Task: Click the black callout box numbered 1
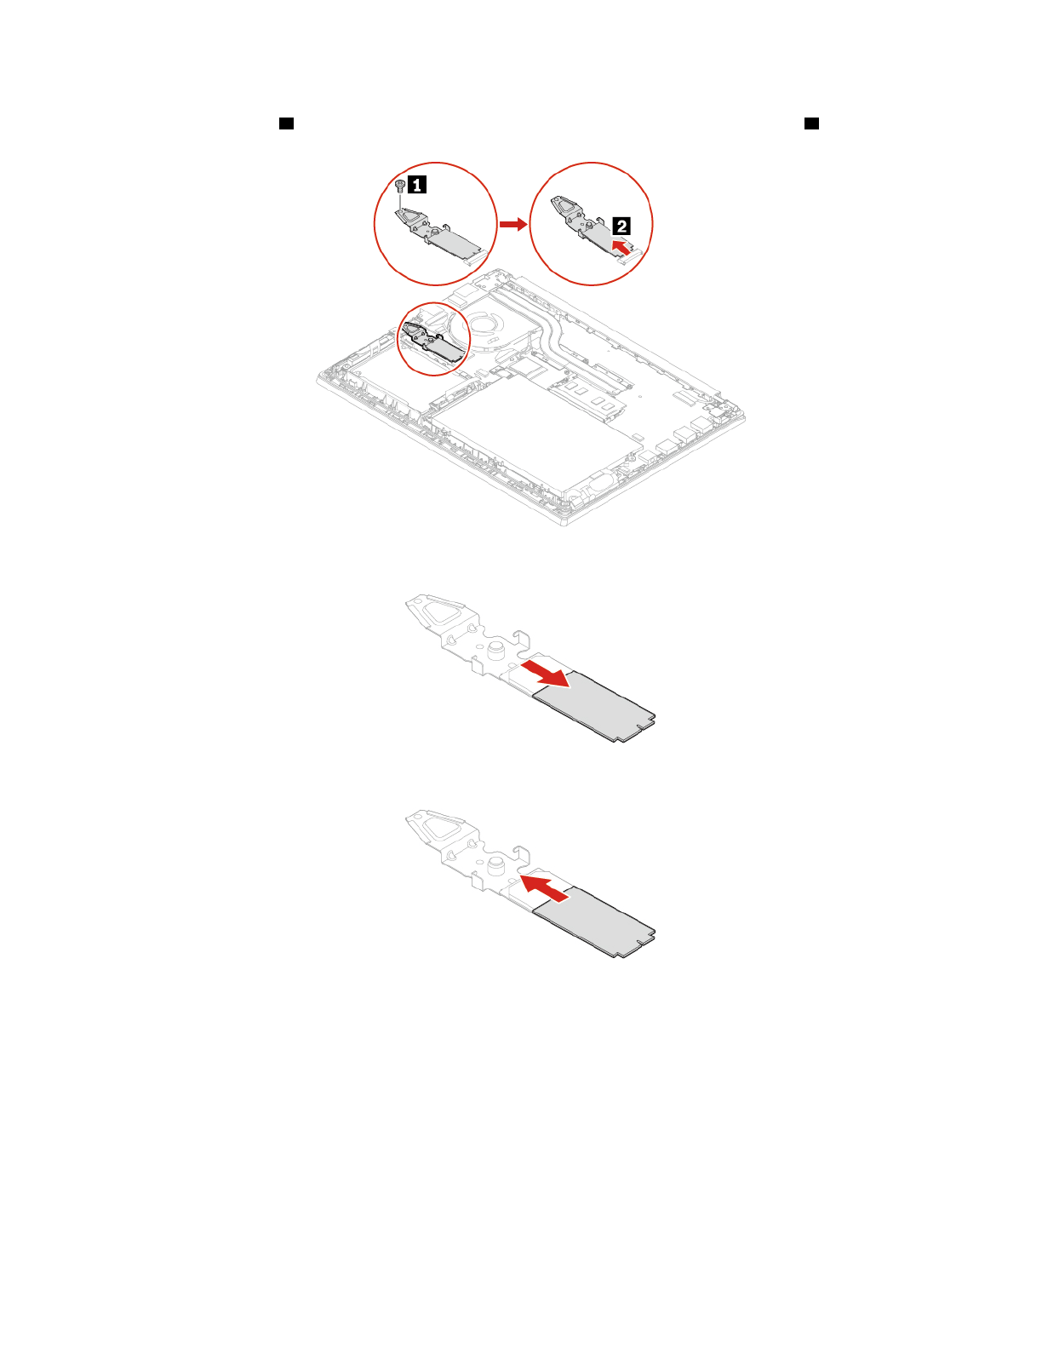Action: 416,184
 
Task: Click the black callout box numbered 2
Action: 621,226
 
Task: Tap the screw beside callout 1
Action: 400,185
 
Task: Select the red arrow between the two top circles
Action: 513,224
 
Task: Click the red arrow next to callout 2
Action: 621,247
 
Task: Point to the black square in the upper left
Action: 286,123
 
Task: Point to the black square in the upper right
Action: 811,123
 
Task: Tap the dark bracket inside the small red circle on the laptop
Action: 432,343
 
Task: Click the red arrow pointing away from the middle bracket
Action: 546,674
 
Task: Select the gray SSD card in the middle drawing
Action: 593,707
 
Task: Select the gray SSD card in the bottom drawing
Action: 593,921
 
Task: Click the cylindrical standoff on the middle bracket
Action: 496,649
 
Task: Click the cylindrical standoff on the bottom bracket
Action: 496,864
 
